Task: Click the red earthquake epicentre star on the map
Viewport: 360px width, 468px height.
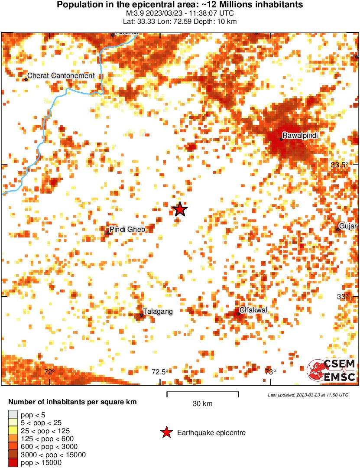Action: (180, 209)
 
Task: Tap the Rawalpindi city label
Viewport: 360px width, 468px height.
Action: (300, 136)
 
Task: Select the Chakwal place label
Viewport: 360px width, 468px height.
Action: (254, 310)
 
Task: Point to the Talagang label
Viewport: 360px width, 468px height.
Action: (159, 311)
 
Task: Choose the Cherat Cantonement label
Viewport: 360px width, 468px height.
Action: (61, 76)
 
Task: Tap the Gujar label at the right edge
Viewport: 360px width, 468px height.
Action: (348, 226)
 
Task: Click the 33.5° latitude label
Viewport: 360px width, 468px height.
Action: (339, 165)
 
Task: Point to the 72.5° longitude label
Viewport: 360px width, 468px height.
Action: (160, 372)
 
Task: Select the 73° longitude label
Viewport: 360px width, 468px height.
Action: (270, 372)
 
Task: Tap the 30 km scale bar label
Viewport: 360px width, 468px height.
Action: (202, 404)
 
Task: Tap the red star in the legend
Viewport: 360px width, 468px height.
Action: (166, 432)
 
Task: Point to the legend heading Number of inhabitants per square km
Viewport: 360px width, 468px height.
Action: (72, 402)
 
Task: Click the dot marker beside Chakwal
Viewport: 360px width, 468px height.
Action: (238, 313)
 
